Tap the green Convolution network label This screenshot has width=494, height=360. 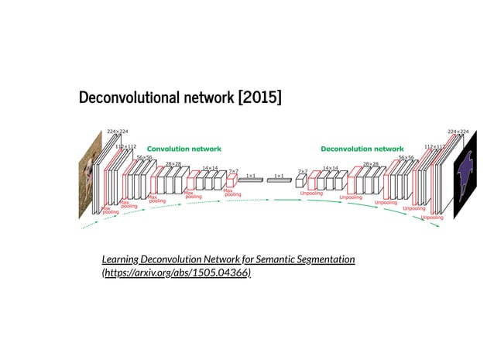pyautogui.click(x=184, y=148)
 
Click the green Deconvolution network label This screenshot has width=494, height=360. pyautogui.click(x=362, y=148)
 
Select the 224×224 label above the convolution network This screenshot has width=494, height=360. pyautogui.click(x=118, y=132)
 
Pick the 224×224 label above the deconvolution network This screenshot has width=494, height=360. pyautogui.click(x=458, y=132)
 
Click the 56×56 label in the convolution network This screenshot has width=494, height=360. pyautogui.click(x=144, y=156)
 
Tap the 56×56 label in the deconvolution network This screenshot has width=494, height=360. pyautogui.click(x=407, y=156)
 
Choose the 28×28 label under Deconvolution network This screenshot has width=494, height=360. pyautogui.click(x=371, y=163)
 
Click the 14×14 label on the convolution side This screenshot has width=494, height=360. pyautogui.click(x=210, y=167)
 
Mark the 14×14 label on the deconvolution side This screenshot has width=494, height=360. pyautogui.click(x=331, y=167)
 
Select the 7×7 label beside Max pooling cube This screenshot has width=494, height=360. pyautogui.click(x=233, y=170)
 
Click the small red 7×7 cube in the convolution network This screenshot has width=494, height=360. pyautogui.click(x=231, y=180)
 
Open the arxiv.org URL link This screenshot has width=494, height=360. pyautogui.click(x=177, y=273)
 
